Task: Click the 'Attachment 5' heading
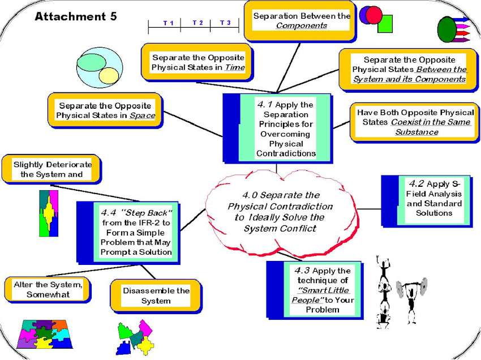tap(76, 16)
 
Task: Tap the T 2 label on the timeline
tap(197, 23)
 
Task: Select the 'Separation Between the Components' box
tap(300, 21)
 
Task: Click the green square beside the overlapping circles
tap(385, 24)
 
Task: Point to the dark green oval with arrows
tap(446, 29)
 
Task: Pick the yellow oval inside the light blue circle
tap(109, 76)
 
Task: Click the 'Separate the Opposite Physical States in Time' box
tap(197, 63)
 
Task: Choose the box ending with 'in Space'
tap(105, 111)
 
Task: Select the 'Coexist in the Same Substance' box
tap(415, 122)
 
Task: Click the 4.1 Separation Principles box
tap(278, 128)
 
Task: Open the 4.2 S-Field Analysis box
tap(427, 201)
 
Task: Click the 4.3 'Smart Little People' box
tap(315, 290)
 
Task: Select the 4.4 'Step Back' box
tap(128, 233)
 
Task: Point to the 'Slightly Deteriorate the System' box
tap(51, 169)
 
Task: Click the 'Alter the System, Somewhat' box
tap(48, 290)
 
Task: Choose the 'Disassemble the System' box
tap(156, 295)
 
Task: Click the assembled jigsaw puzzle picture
tap(45, 334)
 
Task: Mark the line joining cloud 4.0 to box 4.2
tap(370, 209)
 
